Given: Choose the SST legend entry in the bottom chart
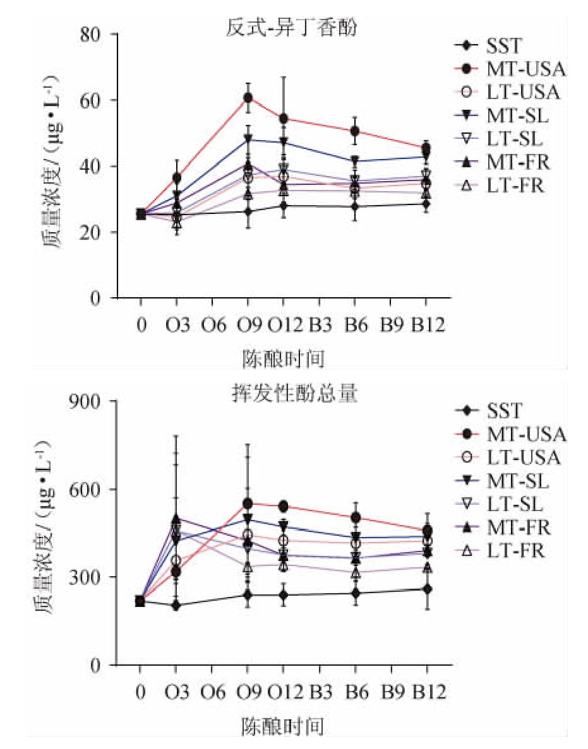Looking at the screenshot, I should (504, 411).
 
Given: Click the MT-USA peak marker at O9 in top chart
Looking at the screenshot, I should (248, 98).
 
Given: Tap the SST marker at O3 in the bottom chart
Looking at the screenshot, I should (176, 606).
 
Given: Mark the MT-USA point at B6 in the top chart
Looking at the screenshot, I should (355, 131).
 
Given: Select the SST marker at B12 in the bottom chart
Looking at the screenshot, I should (428, 589).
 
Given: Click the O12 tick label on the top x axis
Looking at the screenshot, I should (284, 326).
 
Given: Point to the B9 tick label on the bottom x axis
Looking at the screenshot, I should (392, 692).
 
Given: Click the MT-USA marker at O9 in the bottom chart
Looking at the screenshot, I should (248, 504).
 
